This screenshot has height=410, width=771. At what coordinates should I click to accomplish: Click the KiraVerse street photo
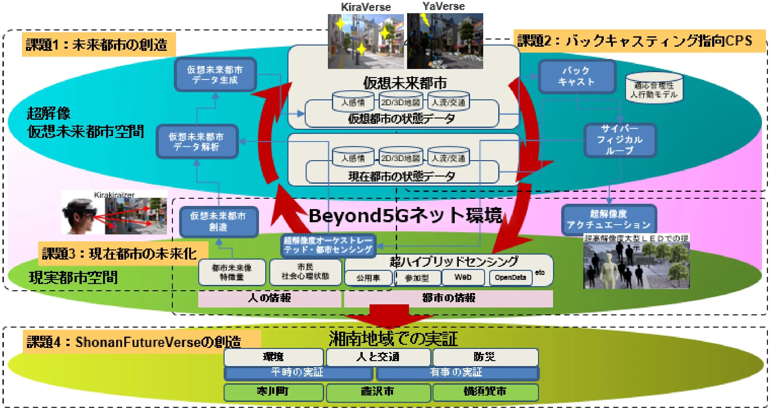click(365, 41)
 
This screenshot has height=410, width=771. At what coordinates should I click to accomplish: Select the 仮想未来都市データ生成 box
click(215, 75)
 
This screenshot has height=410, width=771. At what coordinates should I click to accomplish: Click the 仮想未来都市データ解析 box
click(197, 142)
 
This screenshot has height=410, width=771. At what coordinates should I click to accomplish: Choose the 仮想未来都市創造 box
click(219, 221)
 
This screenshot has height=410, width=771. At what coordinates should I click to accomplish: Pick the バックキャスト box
click(577, 76)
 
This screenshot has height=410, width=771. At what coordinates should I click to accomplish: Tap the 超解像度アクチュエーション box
click(608, 219)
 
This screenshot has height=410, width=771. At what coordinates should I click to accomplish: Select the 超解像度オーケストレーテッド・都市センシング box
click(328, 245)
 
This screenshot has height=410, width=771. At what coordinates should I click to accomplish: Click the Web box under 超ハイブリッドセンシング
click(463, 277)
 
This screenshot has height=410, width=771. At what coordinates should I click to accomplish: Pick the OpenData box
click(510, 278)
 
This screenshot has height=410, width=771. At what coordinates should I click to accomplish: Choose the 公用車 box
click(368, 278)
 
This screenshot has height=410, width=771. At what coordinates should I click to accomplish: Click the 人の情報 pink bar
click(269, 298)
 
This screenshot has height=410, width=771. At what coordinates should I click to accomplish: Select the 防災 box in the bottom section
click(485, 357)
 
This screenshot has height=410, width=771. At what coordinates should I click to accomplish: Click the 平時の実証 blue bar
click(298, 373)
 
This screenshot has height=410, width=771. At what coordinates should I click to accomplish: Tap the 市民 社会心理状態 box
click(305, 272)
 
